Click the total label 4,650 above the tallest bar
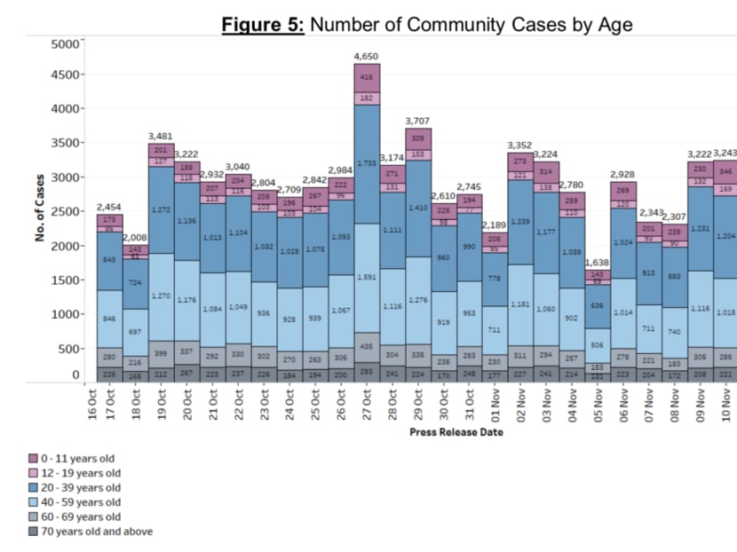366,56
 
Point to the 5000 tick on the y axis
67,42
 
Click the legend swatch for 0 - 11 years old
35,459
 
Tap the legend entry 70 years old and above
99,532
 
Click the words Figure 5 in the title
263,25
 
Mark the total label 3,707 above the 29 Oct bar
417,120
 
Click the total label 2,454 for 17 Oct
109,207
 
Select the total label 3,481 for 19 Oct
161,136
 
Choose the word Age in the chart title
614,25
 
